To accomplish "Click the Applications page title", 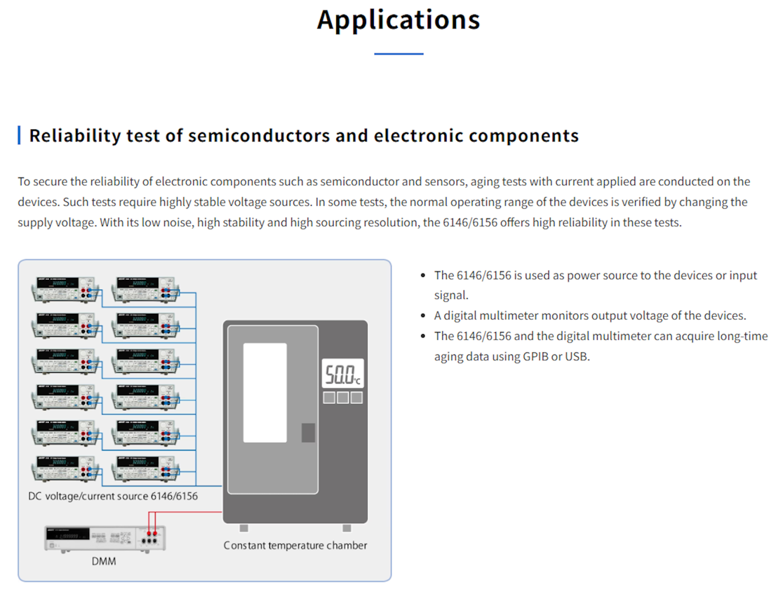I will [398, 20].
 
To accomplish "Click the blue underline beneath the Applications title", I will [398, 54].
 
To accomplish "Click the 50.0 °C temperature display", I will [343, 374].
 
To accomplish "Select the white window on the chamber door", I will [265, 393].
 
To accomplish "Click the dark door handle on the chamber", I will [308, 433].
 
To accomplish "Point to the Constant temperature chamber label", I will [295, 546].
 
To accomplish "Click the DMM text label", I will [104, 562].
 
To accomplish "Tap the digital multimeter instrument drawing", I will [105, 538].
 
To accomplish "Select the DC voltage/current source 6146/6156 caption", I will [113, 496].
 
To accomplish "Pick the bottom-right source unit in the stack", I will [145, 468].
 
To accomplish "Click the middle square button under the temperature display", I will [343, 398].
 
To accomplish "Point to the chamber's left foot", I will [244, 528].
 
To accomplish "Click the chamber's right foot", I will [347, 528].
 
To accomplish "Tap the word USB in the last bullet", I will [577, 357].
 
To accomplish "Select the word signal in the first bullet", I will [450, 295].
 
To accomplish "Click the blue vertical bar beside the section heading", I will [19, 135].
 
